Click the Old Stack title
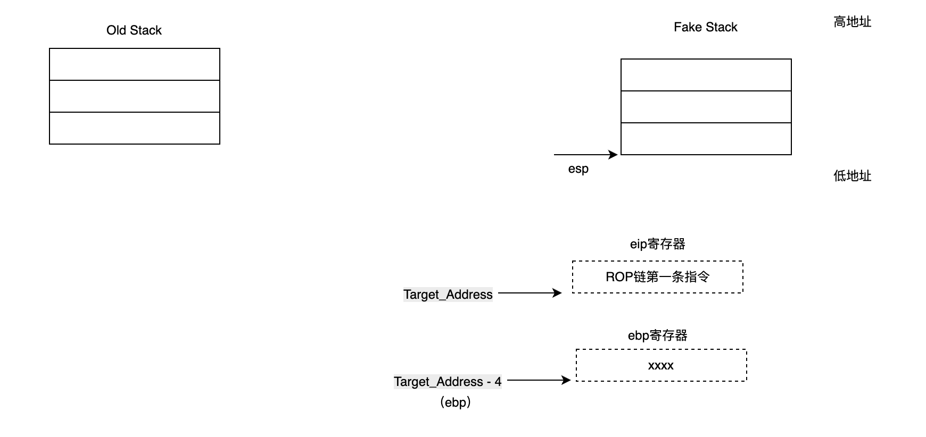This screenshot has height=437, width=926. pos(134,30)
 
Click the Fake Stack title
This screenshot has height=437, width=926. pos(705,27)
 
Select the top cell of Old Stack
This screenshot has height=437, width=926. pos(134,64)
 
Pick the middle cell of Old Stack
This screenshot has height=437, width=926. pos(134,96)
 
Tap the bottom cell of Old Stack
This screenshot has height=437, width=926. pos(134,128)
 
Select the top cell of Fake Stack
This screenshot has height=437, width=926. pos(706,75)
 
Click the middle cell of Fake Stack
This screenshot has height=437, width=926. pos(706,107)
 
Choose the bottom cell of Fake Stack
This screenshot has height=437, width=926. pos(706,139)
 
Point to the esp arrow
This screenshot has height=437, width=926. pos(585,155)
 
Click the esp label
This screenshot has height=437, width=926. pos(578,169)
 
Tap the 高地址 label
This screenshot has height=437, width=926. pos(852,22)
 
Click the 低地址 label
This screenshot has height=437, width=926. pos(852,176)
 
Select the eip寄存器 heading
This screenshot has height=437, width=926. pos(657,244)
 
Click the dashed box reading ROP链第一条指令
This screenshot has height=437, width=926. pos(657,277)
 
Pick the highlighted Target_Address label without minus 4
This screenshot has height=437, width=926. pos(448,295)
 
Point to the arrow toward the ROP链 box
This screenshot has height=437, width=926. pos(530,293)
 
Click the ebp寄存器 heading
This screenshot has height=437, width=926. pos(657,335)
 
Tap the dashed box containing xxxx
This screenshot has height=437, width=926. pos(661,365)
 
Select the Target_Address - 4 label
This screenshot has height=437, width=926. pos(448,382)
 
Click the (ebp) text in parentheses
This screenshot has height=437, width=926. pos(456,402)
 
